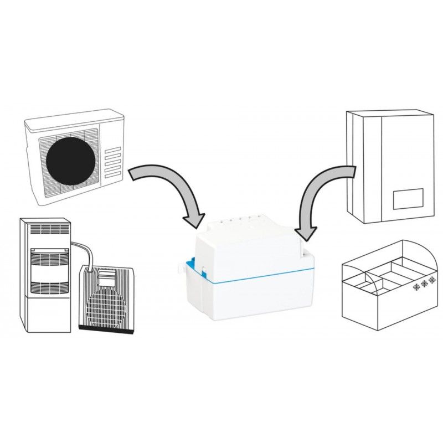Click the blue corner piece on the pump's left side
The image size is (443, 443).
(189, 260)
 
